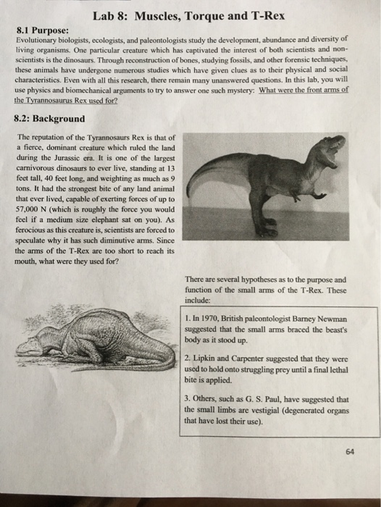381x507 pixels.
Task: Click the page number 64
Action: click(x=350, y=451)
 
